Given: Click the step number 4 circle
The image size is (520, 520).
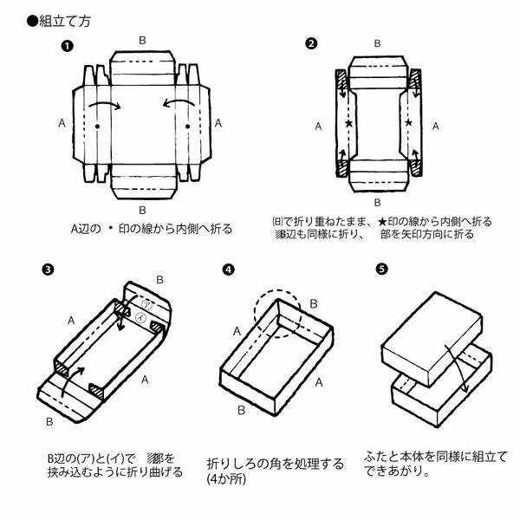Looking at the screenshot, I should coord(228,269).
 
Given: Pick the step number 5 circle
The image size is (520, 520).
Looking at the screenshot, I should coord(382,268).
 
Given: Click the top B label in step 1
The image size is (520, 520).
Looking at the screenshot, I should coord(143,40).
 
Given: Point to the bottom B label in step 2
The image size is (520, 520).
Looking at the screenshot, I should coord(377,201).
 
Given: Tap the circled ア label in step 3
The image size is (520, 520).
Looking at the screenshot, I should coord(148,304).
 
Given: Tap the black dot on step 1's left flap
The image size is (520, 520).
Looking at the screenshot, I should coord(97,127).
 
